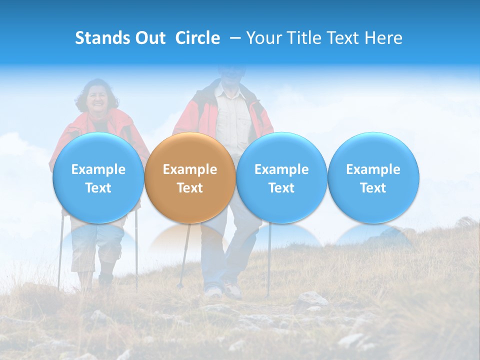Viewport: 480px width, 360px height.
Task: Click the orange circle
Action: (189, 178)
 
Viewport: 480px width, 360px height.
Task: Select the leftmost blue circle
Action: (98, 178)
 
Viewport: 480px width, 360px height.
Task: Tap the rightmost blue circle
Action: (373, 178)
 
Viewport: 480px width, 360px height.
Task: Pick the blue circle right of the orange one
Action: (281, 178)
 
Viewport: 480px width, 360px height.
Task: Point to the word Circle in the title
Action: (197, 38)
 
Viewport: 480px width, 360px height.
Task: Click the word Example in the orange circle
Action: (189, 169)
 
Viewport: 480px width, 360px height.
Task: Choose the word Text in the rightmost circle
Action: (373, 188)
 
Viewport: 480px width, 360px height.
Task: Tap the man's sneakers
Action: (232, 290)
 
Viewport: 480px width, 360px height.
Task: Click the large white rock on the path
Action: (310, 299)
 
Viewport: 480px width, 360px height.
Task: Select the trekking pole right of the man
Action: (269, 260)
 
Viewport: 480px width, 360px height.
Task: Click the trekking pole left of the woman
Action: (60, 255)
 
